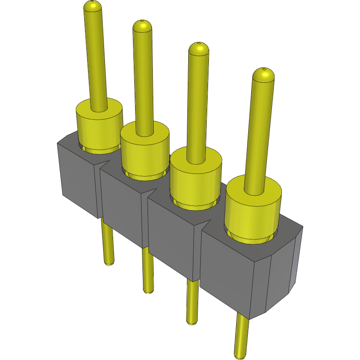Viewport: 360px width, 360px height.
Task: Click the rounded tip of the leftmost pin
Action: [x=93, y=6]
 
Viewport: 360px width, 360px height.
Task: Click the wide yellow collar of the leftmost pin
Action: [x=99, y=125]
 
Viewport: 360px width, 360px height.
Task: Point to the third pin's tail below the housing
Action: [x=192, y=302]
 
